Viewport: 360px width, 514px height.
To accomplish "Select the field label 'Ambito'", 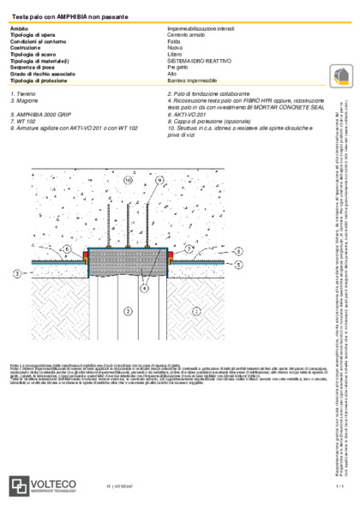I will tap(19, 29).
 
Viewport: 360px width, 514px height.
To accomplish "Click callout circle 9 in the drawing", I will tap(159, 181).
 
